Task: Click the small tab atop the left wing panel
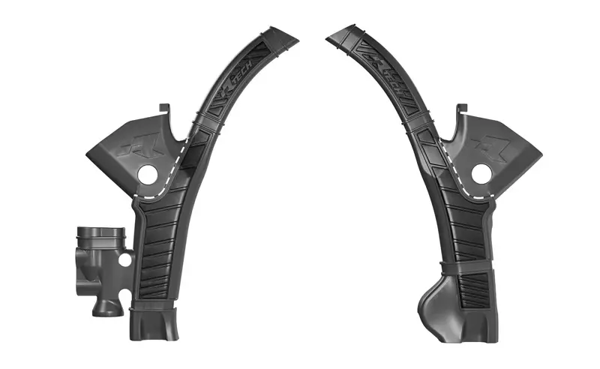pyautogui.click(x=161, y=110)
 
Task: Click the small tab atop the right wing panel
pyautogui.click(x=465, y=111)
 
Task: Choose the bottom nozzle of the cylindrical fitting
pyautogui.click(x=103, y=306)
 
